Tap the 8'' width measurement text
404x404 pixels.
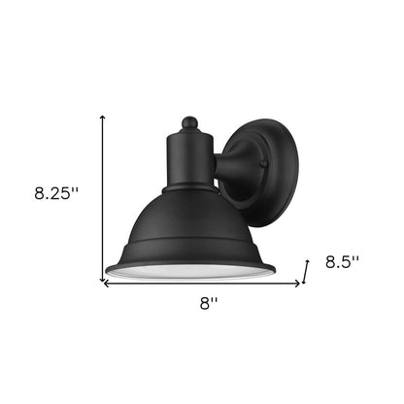pyautogui.click(x=209, y=304)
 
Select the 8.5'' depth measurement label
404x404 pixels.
pyautogui.click(x=342, y=261)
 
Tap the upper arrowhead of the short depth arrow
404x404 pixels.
pyautogui.click(x=309, y=259)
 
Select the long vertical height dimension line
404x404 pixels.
pyautogui.click(x=103, y=194)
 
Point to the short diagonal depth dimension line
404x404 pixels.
pyautogui.click(x=306, y=270)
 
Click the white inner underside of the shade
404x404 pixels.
pyautogui.click(x=190, y=273)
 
